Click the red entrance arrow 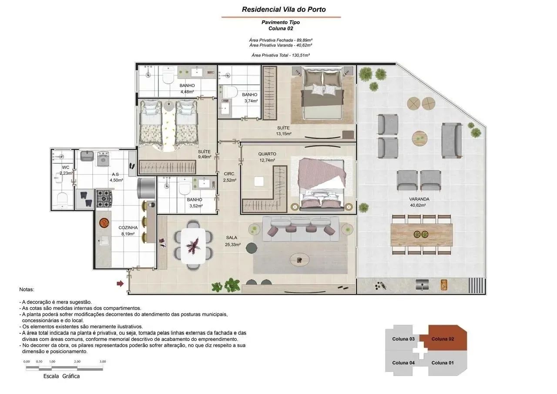(120, 283)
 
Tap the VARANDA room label (419, 199)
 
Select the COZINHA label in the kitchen (128, 228)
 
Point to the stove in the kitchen (104, 199)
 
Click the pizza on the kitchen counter (104, 222)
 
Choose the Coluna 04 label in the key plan (403, 363)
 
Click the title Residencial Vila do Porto (284, 10)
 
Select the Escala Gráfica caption (61, 376)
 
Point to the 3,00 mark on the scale (103, 361)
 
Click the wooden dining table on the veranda (422, 235)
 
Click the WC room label (66, 167)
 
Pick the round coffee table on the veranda (420, 138)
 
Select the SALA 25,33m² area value (233, 245)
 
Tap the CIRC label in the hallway (229, 174)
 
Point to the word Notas (27, 290)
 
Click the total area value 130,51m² (301, 55)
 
